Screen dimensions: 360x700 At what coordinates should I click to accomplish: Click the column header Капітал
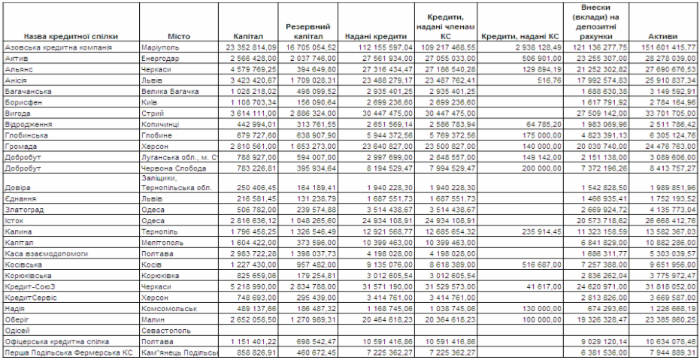tap(247, 36)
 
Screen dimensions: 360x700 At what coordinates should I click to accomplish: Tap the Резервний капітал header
tap(304, 31)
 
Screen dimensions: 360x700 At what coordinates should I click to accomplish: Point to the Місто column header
tap(179, 36)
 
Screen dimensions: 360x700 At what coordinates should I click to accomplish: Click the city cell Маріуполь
tap(160, 47)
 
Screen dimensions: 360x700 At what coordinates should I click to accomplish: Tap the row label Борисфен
tap(22, 102)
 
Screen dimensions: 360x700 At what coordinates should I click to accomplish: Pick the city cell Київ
tap(149, 102)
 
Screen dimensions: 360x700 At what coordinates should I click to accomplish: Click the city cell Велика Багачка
tap(169, 91)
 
